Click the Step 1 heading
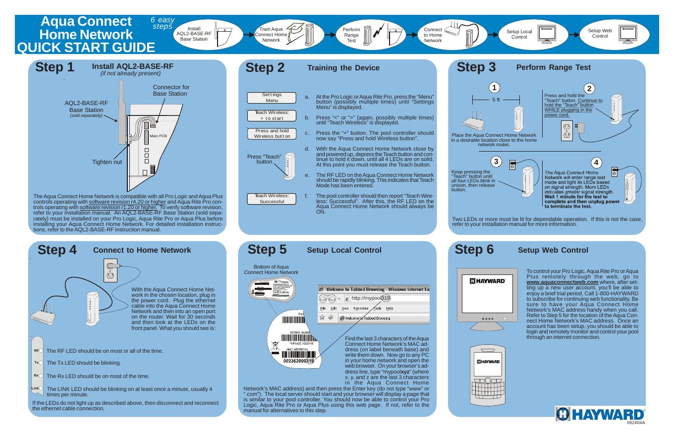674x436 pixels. click(x=55, y=67)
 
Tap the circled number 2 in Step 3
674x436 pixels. click(x=589, y=89)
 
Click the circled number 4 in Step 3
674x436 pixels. click(x=596, y=163)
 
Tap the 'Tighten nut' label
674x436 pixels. click(x=107, y=162)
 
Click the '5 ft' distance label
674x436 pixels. click(x=496, y=100)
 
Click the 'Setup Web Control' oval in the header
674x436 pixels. click(x=600, y=34)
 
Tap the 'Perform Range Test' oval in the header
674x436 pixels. click(x=351, y=35)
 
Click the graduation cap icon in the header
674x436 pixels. click(x=296, y=27)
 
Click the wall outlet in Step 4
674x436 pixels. click(x=110, y=270)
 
